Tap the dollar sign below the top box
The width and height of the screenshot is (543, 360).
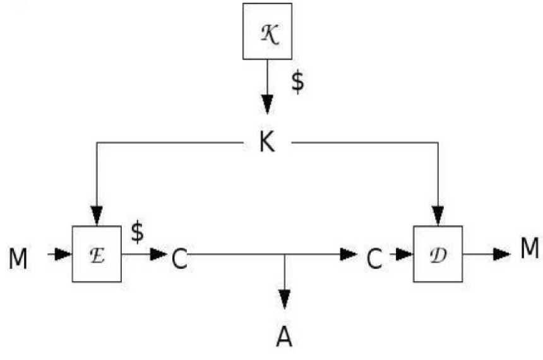click(x=297, y=83)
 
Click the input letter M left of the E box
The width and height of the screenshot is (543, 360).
click(x=20, y=259)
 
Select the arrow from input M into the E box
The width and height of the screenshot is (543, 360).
click(x=59, y=255)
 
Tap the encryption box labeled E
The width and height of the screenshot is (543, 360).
click(x=97, y=254)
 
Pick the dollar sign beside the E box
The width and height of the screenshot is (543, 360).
click(x=137, y=232)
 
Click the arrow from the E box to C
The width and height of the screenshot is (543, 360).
click(x=145, y=255)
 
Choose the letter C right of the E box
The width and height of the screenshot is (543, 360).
click(x=179, y=259)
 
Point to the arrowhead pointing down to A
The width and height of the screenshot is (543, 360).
click(x=285, y=299)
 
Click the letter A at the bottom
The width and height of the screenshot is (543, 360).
click(x=285, y=336)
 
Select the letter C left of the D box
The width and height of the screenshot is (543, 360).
click(x=374, y=259)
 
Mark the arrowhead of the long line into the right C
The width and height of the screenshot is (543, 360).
click(x=349, y=255)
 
